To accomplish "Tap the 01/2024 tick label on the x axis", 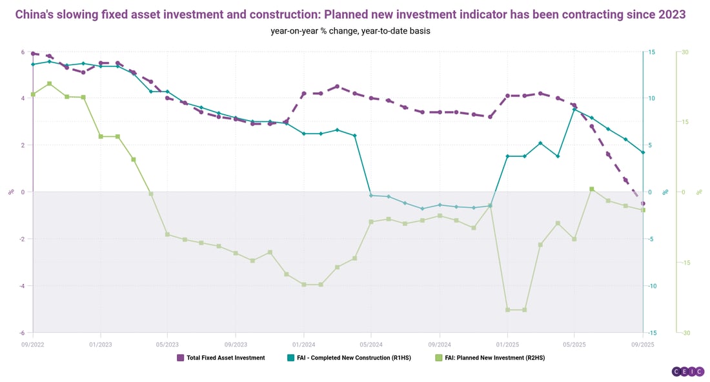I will click(303, 344).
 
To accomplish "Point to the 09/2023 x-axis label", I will click(236, 344).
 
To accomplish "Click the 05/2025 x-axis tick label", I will click(574, 344).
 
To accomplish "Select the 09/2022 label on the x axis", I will click(33, 344).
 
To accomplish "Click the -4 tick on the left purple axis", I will click(22, 286).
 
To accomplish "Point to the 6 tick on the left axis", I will click(23, 52).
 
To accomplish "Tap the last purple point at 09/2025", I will click(643, 203).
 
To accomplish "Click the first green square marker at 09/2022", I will click(33, 95).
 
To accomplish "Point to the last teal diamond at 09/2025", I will click(643, 152).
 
